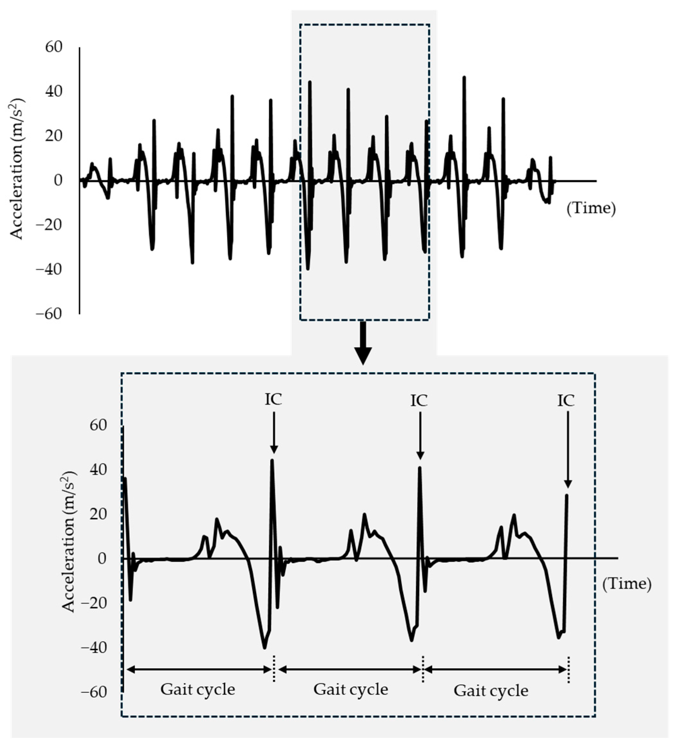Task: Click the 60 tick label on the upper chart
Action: pyautogui.click(x=53, y=47)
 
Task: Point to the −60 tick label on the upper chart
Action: pyautogui.click(x=49, y=314)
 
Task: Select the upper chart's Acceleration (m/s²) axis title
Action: pyautogui.click(x=16, y=169)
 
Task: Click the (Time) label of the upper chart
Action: pyautogui.click(x=591, y=208)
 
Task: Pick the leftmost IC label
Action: pyautogui.click(x=273, y=399)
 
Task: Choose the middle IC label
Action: pyautogui.click(x=419, y=401)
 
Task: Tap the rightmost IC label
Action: pyautogui.click(x=566, y=401)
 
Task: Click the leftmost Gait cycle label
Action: pyautogui.click(x=198, y=689)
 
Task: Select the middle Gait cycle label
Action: pyautogui.click(x=351, y=689)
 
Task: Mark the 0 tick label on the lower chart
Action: pyautogui.click(x=102, y=558)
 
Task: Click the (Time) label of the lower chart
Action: pyautogui.click(x=627, y=584)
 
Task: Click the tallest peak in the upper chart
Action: pyautogui.click(x=464, y=78)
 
